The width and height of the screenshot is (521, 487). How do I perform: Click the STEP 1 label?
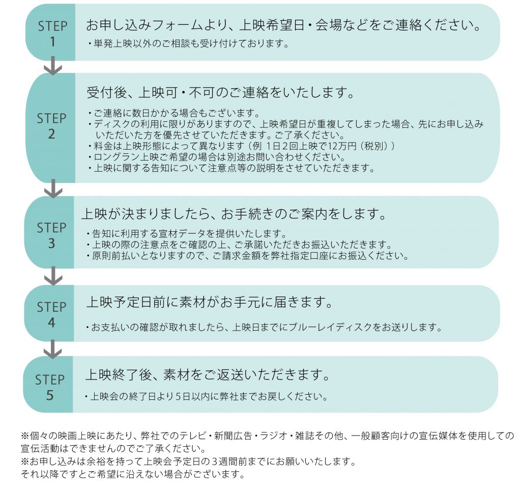(52, 34)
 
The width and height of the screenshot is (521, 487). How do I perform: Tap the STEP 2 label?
(51, 126)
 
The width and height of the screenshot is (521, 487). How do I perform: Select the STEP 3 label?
(51, 235)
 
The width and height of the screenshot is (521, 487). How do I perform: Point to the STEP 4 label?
(51, 314)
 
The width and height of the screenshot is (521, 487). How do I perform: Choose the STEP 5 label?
(50, 387)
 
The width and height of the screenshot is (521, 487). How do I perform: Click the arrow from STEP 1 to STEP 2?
(53, 65)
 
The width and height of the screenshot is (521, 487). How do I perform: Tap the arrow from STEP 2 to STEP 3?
(53, 188)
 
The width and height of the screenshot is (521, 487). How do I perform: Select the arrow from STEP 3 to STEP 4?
(53, 276)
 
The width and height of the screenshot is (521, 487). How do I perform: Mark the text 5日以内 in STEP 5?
(192, 396)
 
